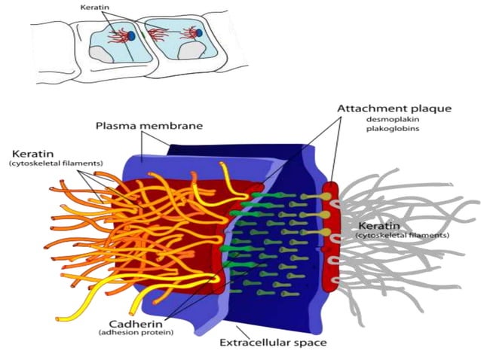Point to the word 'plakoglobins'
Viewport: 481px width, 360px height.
[x=392, y=130]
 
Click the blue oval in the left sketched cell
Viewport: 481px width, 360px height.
[x=131, y=35]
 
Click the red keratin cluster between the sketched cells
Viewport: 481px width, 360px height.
[x=158, y=33]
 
